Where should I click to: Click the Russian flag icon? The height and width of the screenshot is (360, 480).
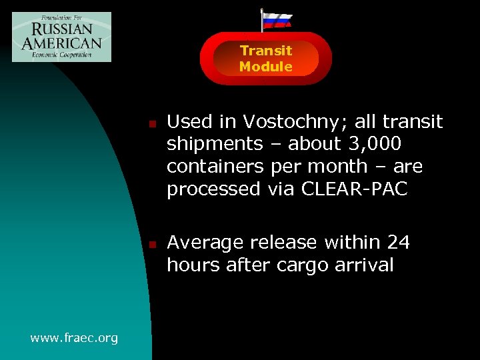tap(276, 20)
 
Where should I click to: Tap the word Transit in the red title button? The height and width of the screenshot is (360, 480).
tap(266, 51)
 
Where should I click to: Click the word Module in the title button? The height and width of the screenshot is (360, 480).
tap(266, 67)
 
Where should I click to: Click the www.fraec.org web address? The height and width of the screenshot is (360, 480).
tap(74, 338)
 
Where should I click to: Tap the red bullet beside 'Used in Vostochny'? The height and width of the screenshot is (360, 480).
tap(152, 124)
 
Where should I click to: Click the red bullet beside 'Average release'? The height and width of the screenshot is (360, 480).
tap(152, 245)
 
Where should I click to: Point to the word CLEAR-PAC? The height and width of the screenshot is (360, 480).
tap(354, 189)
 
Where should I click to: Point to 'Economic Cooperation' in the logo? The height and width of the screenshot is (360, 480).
tap(61, 55)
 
